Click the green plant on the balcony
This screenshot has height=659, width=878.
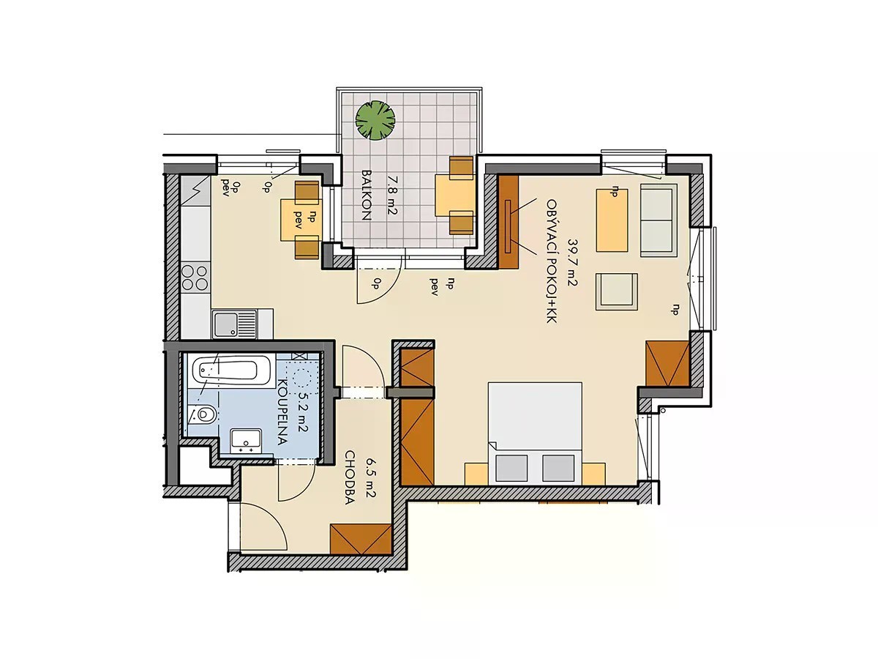(375, 119)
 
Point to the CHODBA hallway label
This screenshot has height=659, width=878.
(350, 477)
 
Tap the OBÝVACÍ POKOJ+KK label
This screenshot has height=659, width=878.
(551, 261)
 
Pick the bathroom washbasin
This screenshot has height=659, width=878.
(246, 442)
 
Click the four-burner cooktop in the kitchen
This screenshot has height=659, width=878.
(195, 278)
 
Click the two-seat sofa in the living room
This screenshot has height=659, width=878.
(658, 220)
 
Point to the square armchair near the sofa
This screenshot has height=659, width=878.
(616, 291)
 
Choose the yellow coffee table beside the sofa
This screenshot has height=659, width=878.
(612, 220)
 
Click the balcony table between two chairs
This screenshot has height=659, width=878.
(455, 196)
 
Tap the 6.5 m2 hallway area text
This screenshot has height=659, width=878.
(370, 477)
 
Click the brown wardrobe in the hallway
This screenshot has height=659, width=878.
(361, 539)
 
